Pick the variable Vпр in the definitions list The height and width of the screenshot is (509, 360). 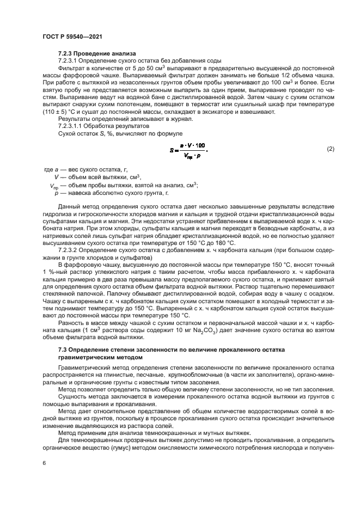click(x=55, y=186)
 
